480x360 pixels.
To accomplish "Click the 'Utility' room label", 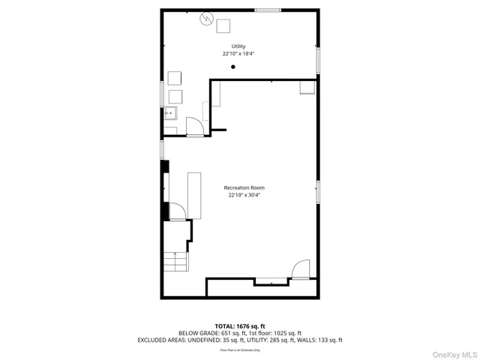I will point(238,46).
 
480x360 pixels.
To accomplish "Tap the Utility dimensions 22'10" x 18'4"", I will point(238,54).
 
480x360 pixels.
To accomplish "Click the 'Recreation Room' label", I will point(244,187).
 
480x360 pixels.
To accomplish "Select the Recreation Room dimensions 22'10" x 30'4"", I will point(244,196).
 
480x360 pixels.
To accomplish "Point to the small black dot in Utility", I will point(233,67).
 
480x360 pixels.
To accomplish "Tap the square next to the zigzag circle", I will point(223,26).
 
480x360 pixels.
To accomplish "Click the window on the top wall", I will point(268,10).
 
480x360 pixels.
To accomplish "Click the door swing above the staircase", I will point(178,211).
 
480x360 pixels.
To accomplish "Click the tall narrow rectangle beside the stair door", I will point(194,195).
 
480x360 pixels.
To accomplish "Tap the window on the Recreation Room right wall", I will point(318,191).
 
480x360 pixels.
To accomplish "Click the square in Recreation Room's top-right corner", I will point(307,87).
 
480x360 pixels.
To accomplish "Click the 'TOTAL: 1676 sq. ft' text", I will point(240,326).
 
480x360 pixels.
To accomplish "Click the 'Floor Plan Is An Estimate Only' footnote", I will point(240,349).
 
